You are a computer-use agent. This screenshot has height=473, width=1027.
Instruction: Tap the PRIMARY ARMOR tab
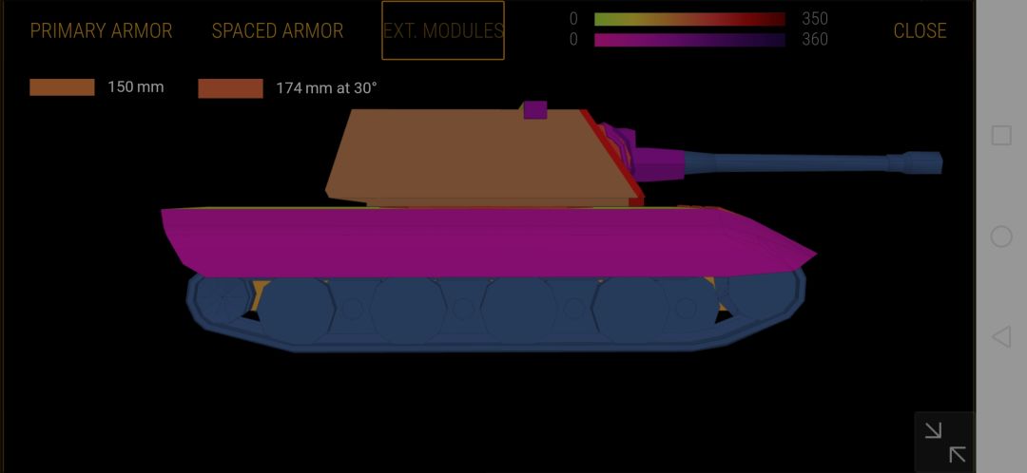[x=101, y=30]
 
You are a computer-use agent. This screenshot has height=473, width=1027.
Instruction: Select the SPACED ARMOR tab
[x=277, y=30]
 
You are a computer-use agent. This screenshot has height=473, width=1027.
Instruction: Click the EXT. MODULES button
[x=443, y=30]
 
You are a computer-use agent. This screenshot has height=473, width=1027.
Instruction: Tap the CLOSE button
[x=920, y=30]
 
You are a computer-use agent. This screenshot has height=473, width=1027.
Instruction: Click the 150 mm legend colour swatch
[x=62, y=87]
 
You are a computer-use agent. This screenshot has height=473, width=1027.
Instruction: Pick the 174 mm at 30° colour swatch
[x=230, y=88]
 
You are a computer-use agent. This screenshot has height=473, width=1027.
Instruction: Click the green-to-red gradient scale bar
[x=689, y=19]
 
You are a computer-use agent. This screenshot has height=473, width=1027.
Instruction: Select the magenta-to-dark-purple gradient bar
[x=689, y=40]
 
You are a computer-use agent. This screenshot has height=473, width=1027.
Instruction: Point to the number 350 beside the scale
[x=815, y=19]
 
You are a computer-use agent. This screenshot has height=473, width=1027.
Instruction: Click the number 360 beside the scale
[x=815, y=40]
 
